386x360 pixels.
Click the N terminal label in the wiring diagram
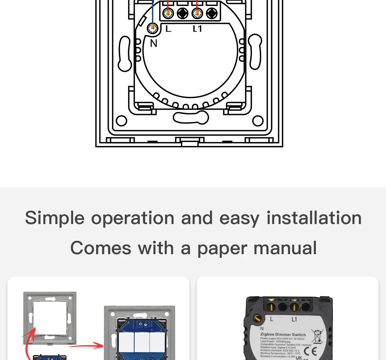point(153,43)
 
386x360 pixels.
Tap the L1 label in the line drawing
point(198,28)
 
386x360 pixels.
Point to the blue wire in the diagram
point(152,11)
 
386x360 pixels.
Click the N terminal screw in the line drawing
point(153,27)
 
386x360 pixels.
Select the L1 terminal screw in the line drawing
point(196,14)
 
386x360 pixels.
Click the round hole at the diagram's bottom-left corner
point(121,121)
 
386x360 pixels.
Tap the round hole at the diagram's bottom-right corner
point(258,121)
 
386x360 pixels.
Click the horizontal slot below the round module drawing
point(191,117)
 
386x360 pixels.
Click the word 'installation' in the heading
point(314,218)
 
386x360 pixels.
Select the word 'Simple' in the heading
point(55,218)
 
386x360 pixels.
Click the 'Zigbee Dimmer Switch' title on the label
point(283,334)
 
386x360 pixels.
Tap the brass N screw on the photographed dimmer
point(259,319)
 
